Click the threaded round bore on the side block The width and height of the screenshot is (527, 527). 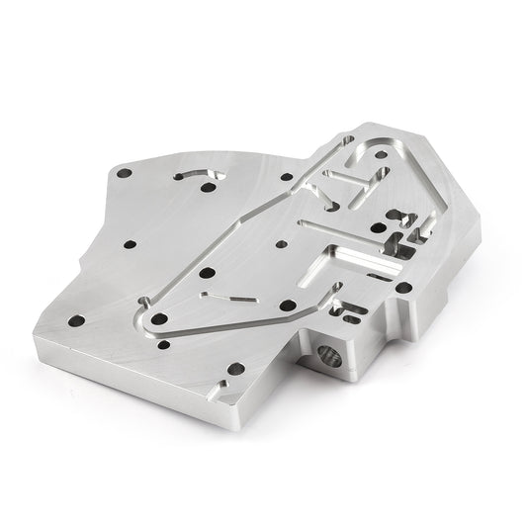pos(329,356)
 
